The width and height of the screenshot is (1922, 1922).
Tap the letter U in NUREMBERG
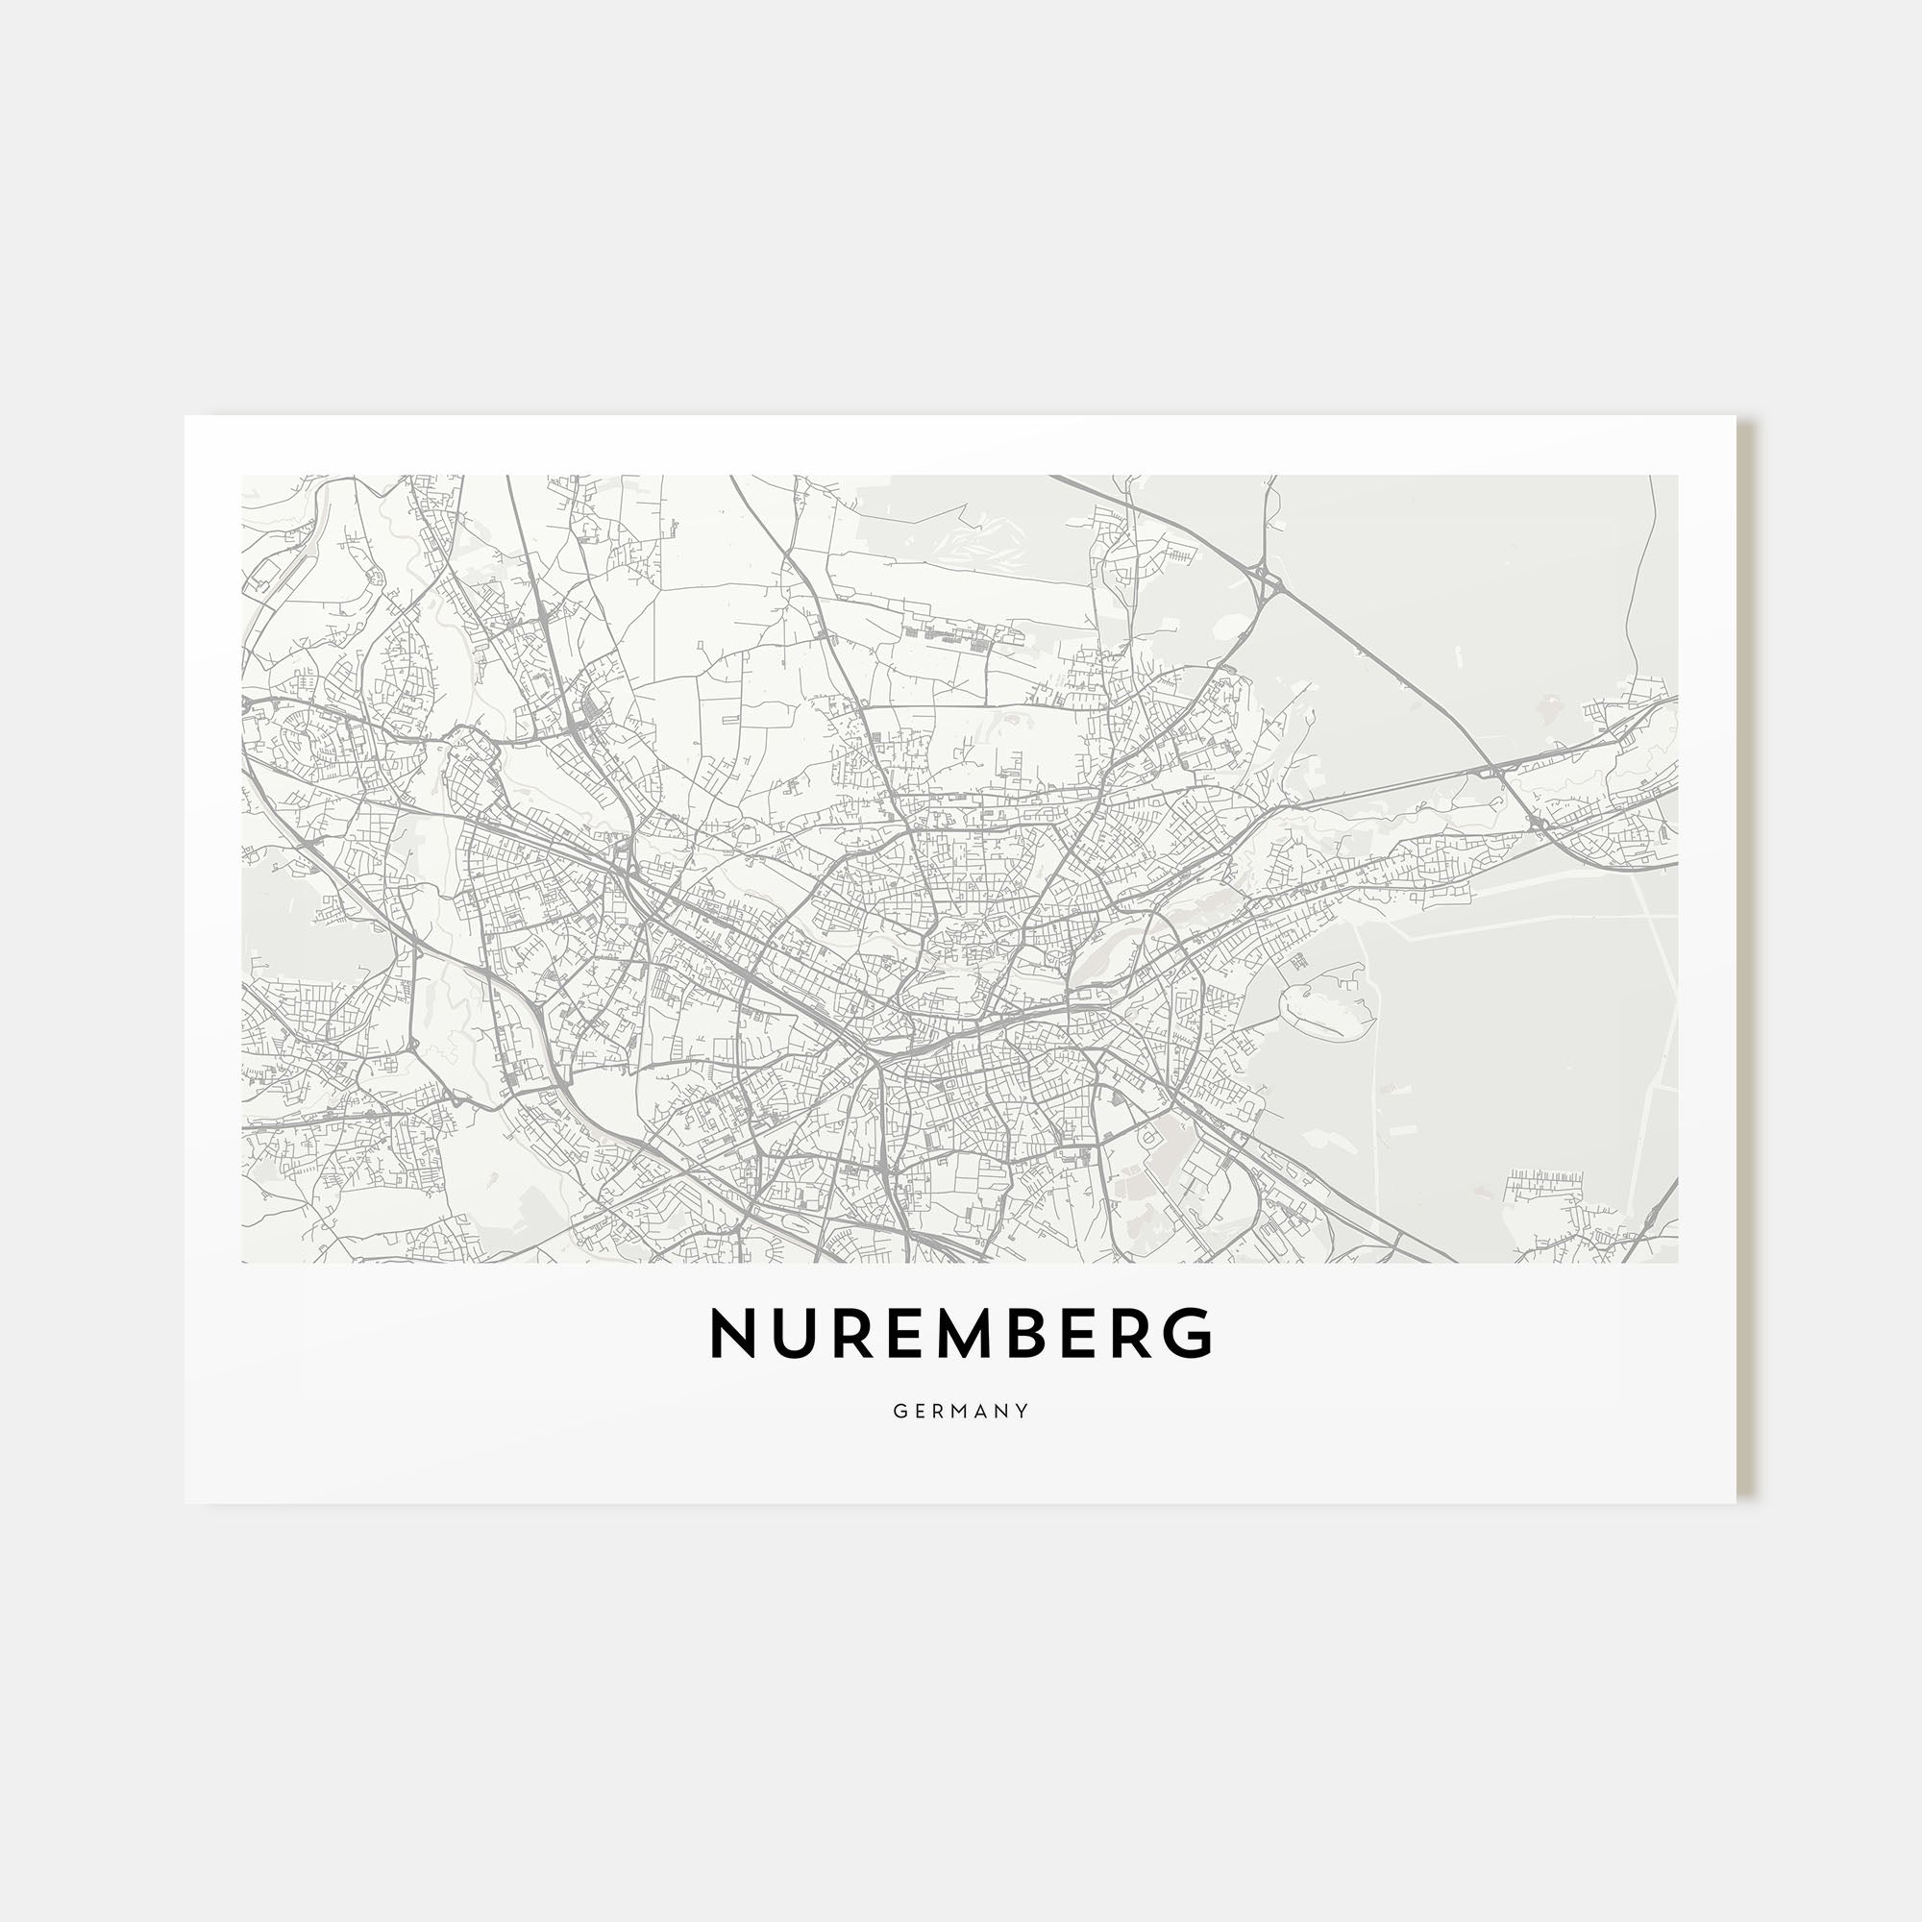[792, 1333]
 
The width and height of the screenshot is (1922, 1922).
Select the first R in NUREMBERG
[849, 1333]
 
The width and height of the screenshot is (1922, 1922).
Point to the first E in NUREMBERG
[901, 1333]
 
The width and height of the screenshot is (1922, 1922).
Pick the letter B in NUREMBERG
[1028, 1333]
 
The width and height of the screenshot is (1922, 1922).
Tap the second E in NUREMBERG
[1081, 1333]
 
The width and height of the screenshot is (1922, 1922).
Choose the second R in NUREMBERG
[1134, 1333]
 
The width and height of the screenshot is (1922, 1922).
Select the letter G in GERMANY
[899, 1411]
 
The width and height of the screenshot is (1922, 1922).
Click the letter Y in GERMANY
[1023, 1411]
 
